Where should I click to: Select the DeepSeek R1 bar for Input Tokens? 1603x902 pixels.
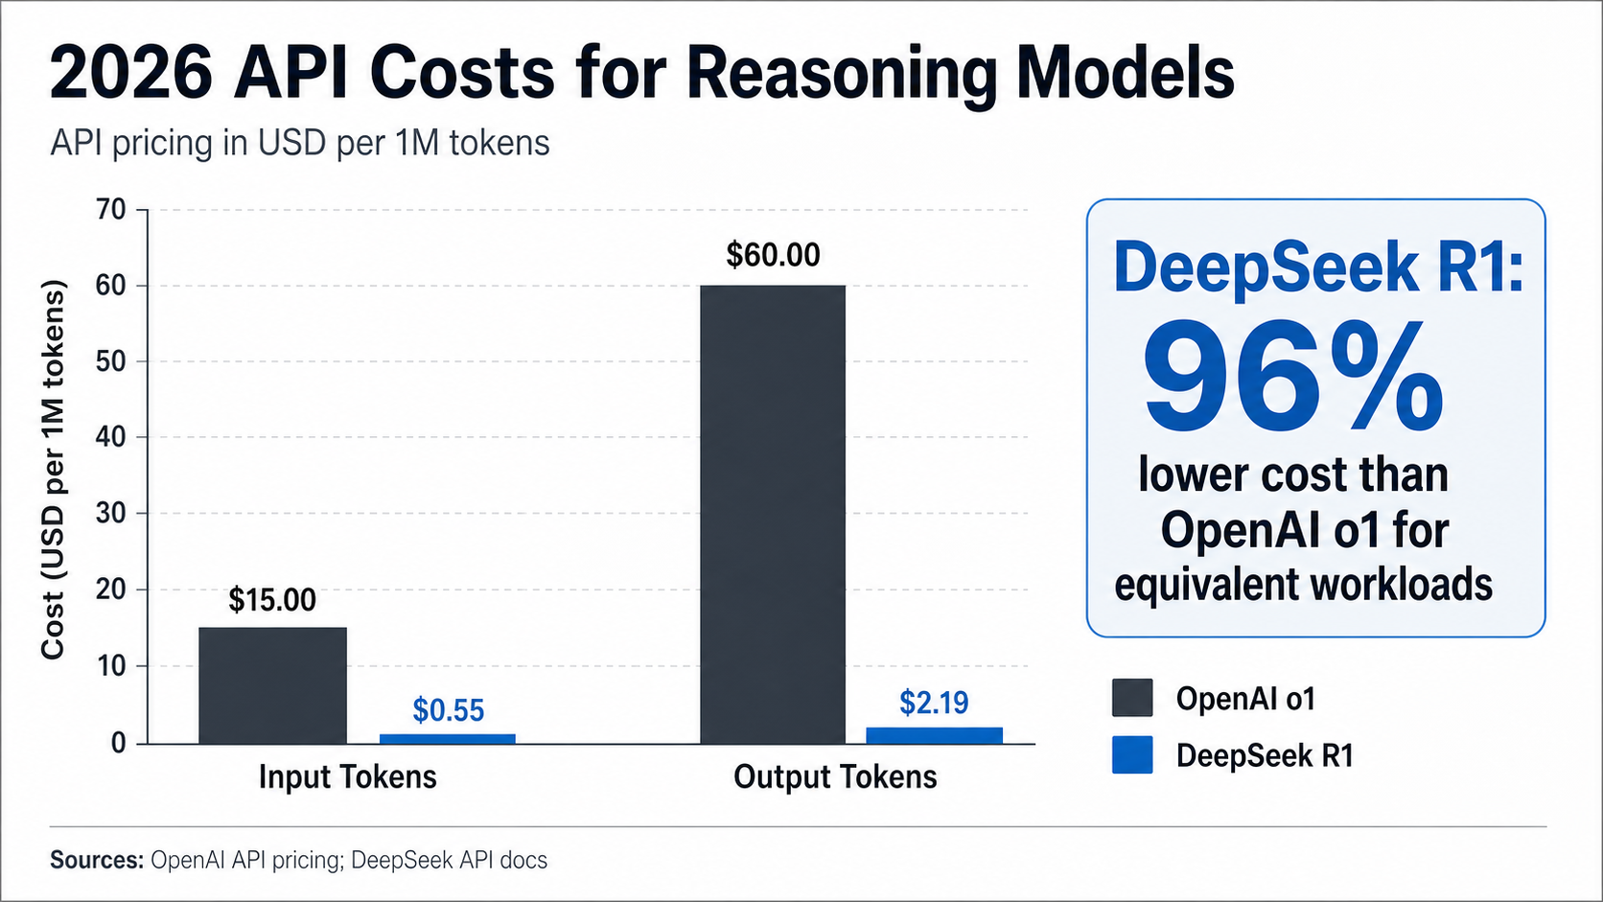[447, 738]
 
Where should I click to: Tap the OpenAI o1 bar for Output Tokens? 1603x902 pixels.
[773, 514]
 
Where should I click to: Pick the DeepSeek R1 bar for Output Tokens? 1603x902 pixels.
[934, 735]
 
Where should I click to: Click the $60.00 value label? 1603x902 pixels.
[773, 255]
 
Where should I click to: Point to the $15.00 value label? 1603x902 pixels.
[272, 600]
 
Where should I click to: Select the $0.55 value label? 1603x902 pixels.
[448, 710]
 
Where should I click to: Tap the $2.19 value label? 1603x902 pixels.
[934, 703]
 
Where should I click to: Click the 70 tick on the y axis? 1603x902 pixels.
[111, 210]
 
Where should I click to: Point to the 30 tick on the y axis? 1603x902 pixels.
[111, 513]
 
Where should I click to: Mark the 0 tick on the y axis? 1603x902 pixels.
[118, 743]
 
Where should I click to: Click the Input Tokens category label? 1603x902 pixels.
[347, 776]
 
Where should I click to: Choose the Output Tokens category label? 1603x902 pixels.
[834, 776]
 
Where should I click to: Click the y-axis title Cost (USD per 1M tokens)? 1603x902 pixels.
[53, 470]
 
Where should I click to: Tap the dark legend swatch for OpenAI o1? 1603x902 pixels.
[1132, 698]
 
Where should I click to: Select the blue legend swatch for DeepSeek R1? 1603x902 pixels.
[1132, 755]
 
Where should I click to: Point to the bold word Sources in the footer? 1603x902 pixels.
[96, 860]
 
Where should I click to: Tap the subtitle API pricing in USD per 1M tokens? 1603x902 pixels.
[299, 143]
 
